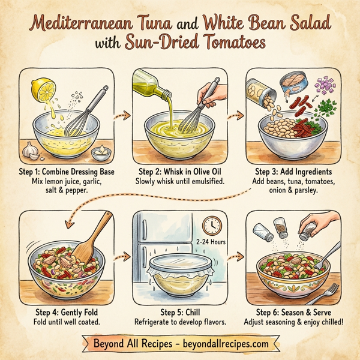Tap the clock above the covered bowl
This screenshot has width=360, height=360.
pyautogui.click(x=211, y=226)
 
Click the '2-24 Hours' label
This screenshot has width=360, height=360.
pyautogui.click(x=210, y=242)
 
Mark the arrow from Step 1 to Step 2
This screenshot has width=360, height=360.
pyautogui.click(x=121, y=114)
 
